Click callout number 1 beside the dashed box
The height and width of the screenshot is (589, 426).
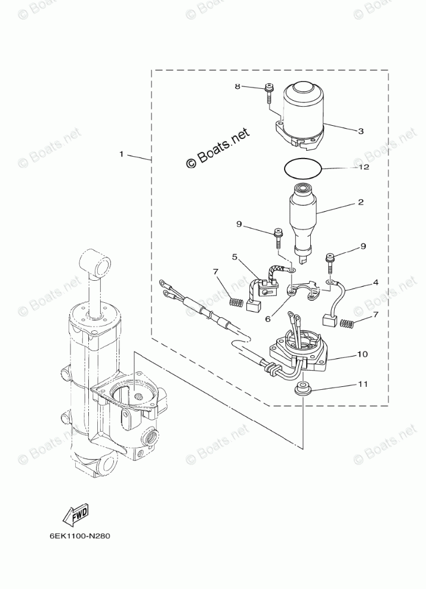[x=121, y=154]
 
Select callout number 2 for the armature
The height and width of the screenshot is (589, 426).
[x=360, y=202]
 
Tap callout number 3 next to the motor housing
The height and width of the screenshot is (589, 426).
[x=360, y=131]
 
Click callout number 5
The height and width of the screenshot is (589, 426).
[x=234, y=257]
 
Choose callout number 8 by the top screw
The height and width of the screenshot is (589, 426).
[x=237, y=86]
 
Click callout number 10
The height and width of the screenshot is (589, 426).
[x=362, y=354]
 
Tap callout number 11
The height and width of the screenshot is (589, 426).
[x=362, y=385]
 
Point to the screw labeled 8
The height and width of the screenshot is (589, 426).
[x=268, y=94]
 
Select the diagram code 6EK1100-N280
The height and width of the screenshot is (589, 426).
[x=80, y=534]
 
